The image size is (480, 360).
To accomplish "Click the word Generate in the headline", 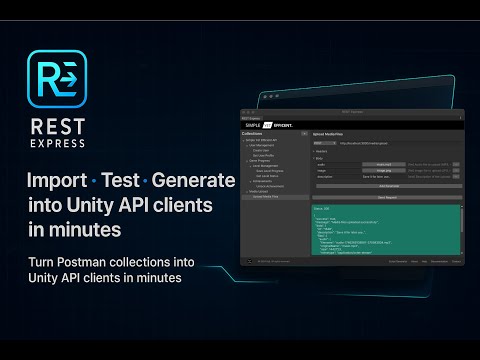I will [x=195, y=183].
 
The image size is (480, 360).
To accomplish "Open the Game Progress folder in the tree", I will [x=263, y=160].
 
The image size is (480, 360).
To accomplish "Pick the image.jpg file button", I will [x=384, y=171].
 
